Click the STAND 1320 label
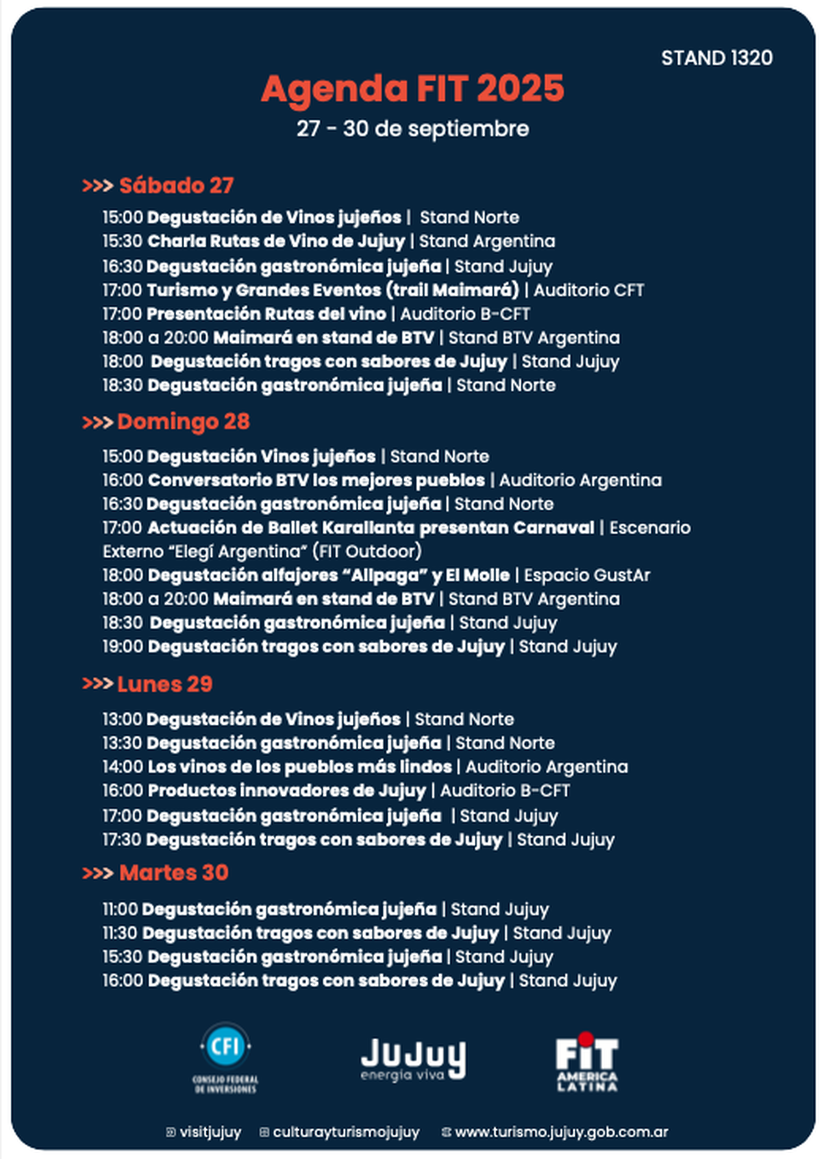click(717, 58)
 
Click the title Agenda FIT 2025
click(412, 89)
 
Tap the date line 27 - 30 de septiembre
click(412, 129)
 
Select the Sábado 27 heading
click(175, 186)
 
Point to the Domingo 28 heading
click(183, 422)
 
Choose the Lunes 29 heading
click(164, 684)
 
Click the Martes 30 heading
click(173, 873)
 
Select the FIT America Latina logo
click(586, 1061)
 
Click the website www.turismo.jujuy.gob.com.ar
click(561, 1132)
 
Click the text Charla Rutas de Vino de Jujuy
click(276, 241)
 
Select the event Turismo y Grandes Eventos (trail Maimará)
click(333, 290)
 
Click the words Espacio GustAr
click(587, 575)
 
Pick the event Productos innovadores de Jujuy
click(286, 790)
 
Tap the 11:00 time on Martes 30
click(120, 910)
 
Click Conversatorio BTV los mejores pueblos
click(316, 480)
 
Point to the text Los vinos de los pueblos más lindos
click(299, 767)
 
